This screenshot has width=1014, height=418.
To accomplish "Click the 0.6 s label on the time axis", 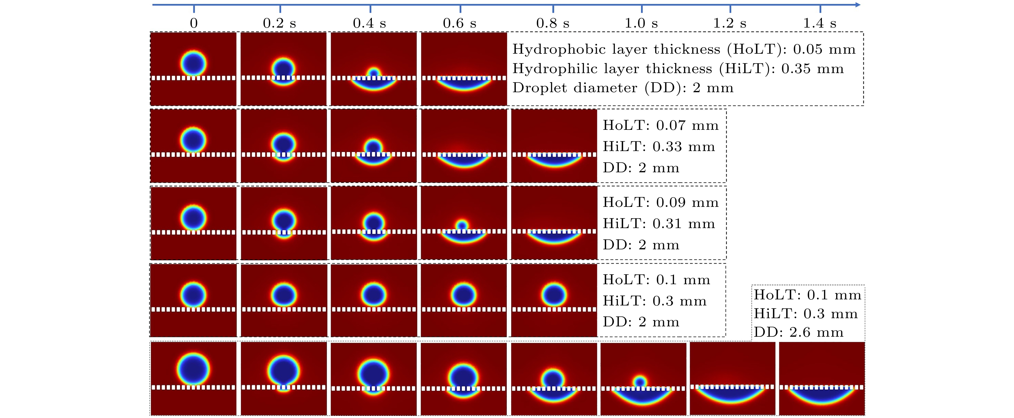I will tap(459, 23).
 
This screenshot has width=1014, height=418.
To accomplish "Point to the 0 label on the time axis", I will tap(194, 23).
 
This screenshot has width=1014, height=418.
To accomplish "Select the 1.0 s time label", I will tap(641, 23).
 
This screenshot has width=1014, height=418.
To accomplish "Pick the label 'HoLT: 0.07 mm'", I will tap(661, 125).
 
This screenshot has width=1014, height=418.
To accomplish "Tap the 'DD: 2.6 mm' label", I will tap(799, 332).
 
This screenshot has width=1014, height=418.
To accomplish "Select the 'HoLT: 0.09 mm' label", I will tap(661, 203).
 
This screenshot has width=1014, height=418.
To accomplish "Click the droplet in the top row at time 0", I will tap(193, 63).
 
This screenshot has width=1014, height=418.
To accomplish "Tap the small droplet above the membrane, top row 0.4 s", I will tap(374, 72).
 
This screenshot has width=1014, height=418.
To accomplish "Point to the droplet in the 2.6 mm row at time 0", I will tap(193, 369).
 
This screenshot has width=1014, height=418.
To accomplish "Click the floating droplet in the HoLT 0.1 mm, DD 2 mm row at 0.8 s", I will tap(554, 295).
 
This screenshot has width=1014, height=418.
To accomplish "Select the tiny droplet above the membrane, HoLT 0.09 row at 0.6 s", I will tap(462, 225).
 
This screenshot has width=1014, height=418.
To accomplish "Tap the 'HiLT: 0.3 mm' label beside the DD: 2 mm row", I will tap(655, 301).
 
